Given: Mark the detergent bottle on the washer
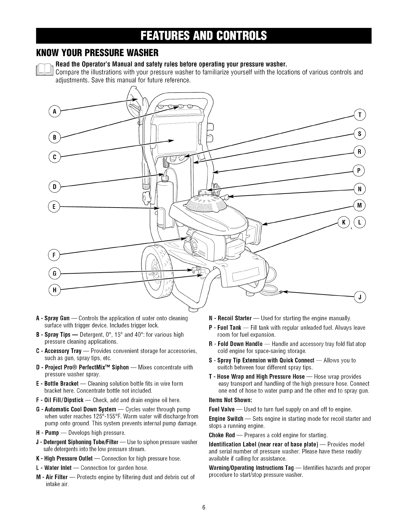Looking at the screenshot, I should (164, 199).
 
